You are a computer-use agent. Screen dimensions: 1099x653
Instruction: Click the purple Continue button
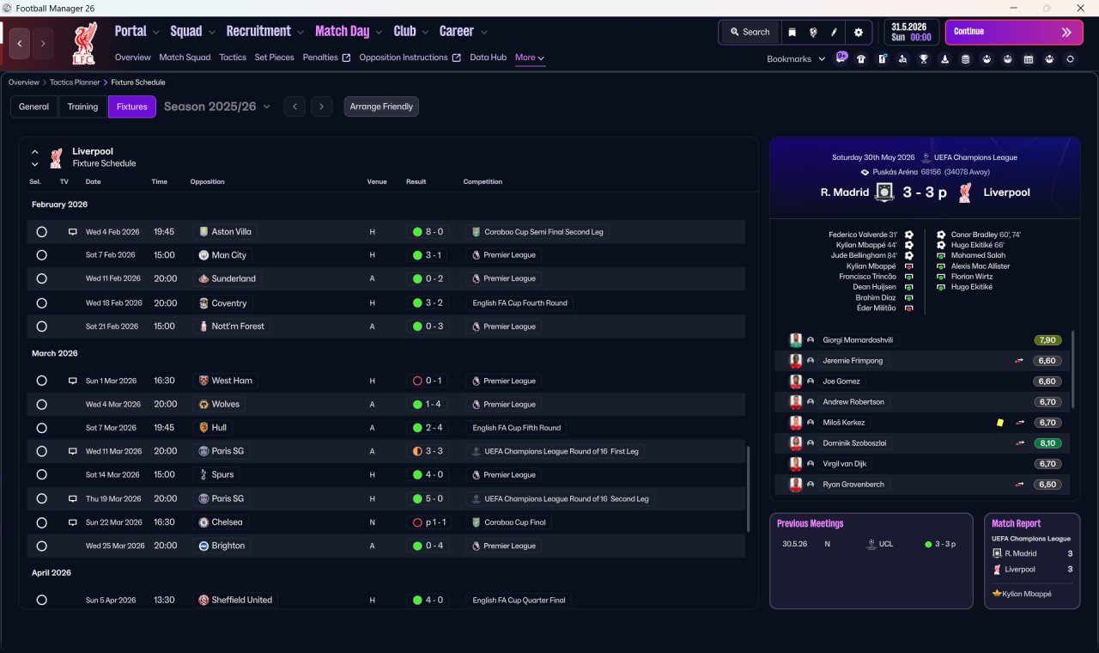click(x=1014, y=32)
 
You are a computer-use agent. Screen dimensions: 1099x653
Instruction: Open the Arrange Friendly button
click(x=381, y=107)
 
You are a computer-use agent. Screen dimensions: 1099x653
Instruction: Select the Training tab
click(x=82, y=107)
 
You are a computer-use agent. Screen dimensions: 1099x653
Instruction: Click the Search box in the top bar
click(x=750, y=32)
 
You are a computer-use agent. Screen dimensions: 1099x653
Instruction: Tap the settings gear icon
click(x=858, y=33)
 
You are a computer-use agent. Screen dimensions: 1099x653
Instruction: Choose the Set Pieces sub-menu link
click(x=274, y=58)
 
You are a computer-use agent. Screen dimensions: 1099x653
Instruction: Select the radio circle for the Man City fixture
click(x=42, y=255)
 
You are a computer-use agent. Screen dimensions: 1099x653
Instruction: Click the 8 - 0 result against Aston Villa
click(x=428, y=232)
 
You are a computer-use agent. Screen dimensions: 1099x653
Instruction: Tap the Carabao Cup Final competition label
click(x=510, y=522)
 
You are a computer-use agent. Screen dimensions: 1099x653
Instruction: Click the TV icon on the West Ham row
click(x=73, y=381)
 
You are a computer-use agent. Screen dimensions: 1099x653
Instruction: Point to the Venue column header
click(x=377, y=181)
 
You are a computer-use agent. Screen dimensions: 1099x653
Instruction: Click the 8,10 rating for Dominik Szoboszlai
click(x=1047, y=443)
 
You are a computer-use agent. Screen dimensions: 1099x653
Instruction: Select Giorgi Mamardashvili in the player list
click(x=858, y=339)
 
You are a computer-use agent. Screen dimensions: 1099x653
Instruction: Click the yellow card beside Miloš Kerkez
click(x=1000, y=423)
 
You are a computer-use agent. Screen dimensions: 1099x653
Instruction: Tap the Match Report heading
click(x=1016, y=523)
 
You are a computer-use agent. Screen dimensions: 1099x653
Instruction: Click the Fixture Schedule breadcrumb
click(x=138, y=82)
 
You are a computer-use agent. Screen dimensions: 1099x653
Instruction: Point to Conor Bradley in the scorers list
click(x=975, y=235)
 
